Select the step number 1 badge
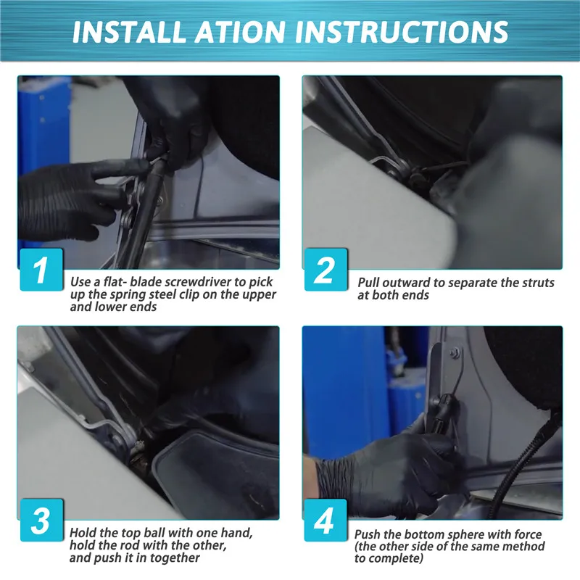point(41,269)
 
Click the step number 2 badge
point(326,269)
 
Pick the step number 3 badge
point(41,520)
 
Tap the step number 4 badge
point(326,520)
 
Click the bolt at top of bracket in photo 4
point(455,352)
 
